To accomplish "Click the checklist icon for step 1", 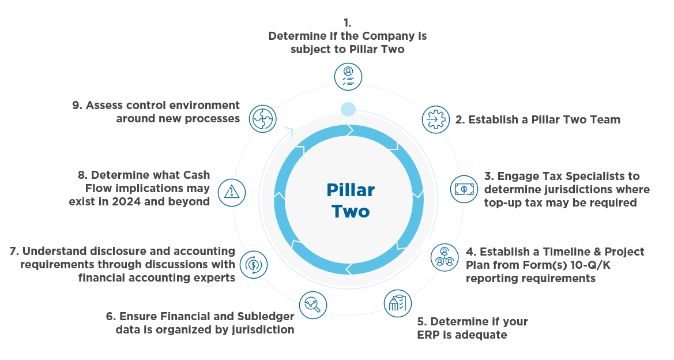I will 348,76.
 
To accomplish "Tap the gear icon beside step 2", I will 436,119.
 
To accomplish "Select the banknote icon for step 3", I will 464,189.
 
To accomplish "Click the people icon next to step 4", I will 445,257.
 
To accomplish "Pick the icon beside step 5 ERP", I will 398,303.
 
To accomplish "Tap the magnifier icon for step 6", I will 313,304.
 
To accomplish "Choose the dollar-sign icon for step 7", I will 253,265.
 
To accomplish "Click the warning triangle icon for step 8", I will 232,190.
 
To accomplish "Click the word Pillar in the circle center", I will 351,190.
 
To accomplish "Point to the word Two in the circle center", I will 351,211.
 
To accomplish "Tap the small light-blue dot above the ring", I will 348,108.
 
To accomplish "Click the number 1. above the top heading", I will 347,23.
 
